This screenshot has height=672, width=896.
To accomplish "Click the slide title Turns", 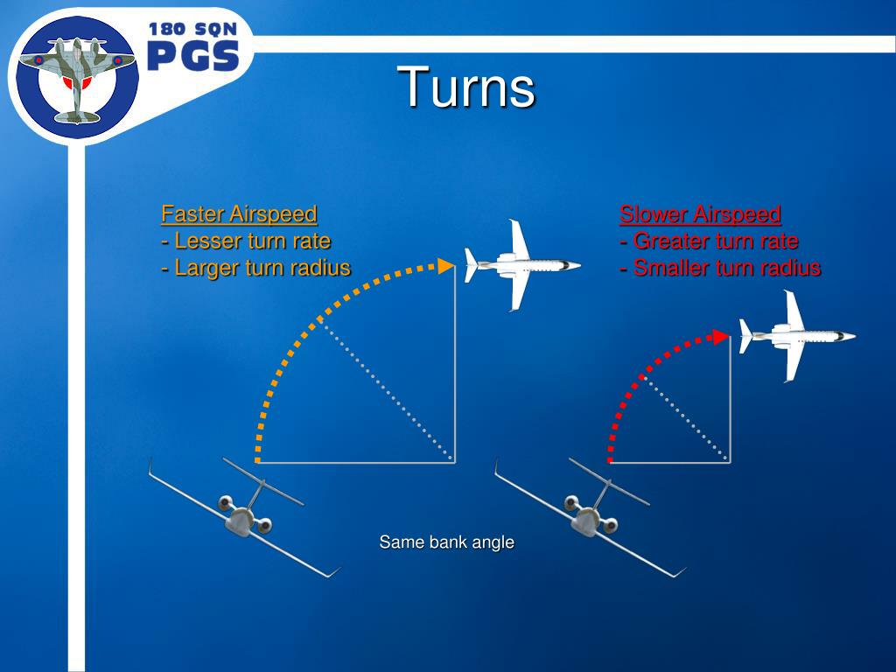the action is coord(466,88).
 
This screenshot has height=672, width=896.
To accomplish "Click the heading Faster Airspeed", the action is coord(239,213).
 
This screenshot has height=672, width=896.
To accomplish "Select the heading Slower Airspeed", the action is coord(700,213).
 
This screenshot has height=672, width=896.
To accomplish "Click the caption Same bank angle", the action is coord(446,542).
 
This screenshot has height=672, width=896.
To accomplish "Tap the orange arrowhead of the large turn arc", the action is coord(446,265).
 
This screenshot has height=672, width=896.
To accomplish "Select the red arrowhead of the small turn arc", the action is coord(721,336).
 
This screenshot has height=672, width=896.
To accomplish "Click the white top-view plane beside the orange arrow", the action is coord(521,264).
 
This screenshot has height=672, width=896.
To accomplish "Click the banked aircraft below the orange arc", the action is coord(245,516).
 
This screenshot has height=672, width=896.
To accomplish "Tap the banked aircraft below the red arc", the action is coord(591,516).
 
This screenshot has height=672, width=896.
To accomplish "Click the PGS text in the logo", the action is coord(192,57).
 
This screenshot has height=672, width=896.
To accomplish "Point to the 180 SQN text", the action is coord(192,29).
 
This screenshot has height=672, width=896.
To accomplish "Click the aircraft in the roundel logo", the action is coord(77,77).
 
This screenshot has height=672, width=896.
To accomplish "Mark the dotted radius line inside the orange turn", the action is coord(385,389).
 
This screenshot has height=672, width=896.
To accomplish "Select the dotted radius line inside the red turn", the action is coord(687,417).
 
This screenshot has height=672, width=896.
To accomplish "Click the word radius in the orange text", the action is coord(320,268).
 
